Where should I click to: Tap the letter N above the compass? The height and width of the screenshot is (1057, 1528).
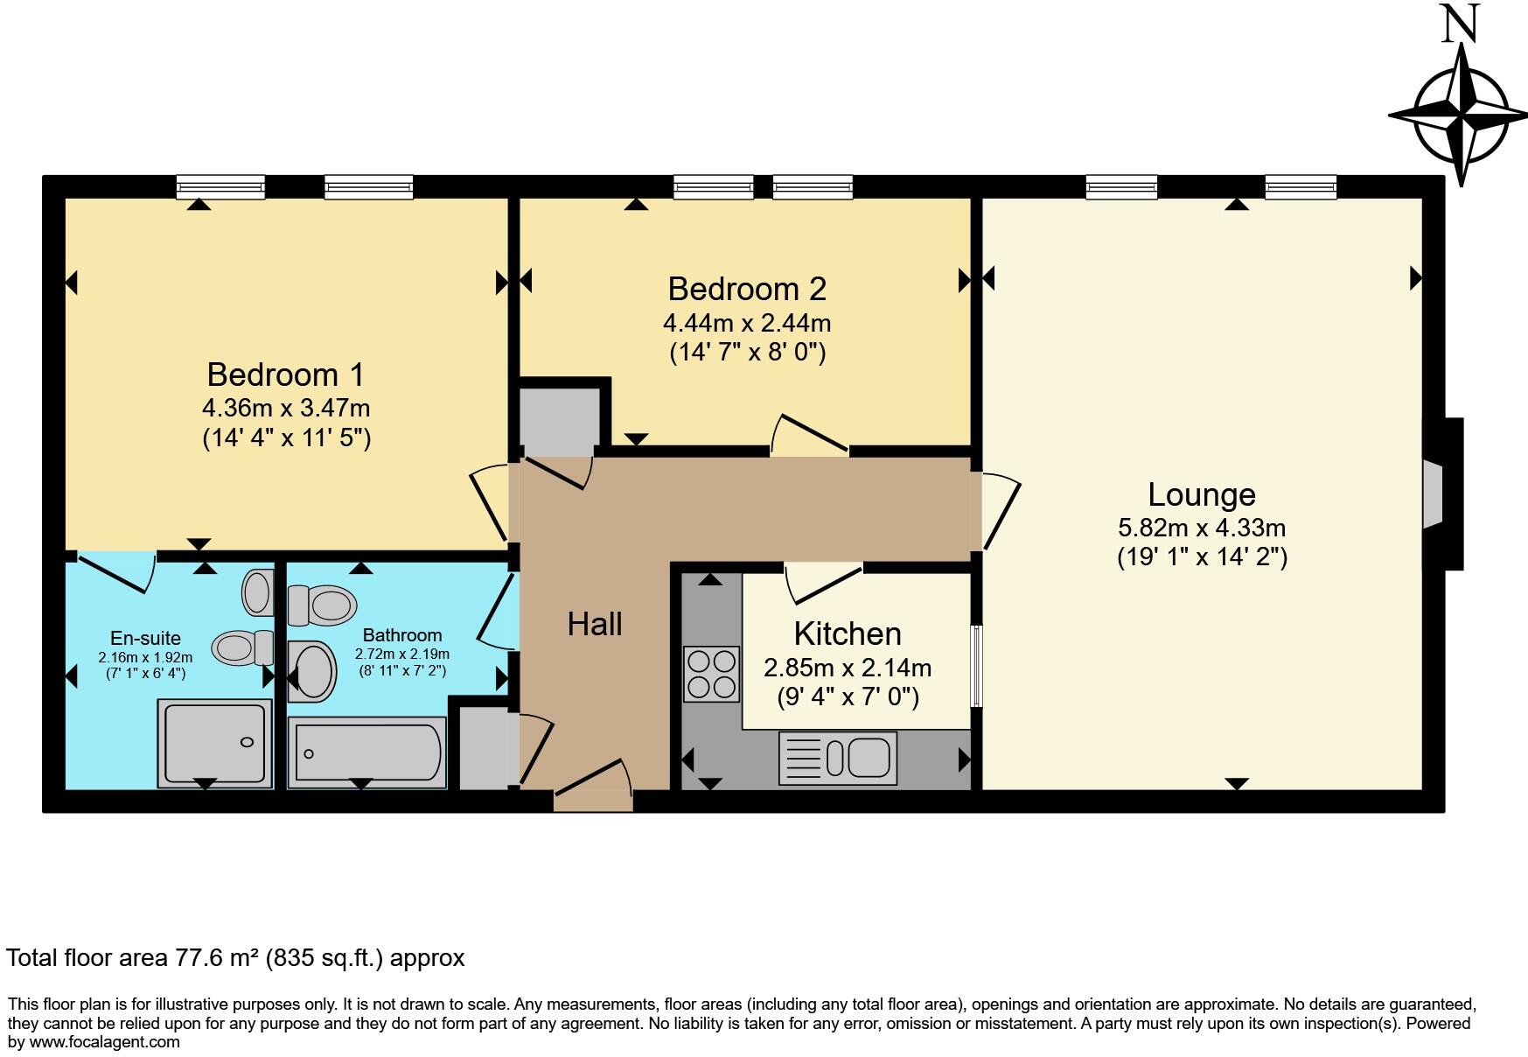pyautogui.click(x=1459, y=24)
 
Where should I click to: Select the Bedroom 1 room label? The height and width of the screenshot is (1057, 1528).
pyautogui.click(x=285, y=374)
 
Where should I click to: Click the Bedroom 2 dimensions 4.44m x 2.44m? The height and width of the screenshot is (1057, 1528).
pyautogui.click(x=746, y=323)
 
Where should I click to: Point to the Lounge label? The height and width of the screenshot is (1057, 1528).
pyautogui.click(x=1201, y=494)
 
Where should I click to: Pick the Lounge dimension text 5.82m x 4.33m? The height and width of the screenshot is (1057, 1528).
pyautogui.click(x=1201, y=528)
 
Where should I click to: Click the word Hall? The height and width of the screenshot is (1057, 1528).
pyautogui.click(x=595, y=624)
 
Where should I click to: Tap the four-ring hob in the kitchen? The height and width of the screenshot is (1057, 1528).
pyautogui.click(x=711, y=674)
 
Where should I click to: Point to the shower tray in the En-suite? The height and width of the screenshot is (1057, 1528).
pyautogui.click(x=214, y=743)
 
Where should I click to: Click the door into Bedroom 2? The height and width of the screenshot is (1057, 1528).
pyautogui.click(x=809, y=436)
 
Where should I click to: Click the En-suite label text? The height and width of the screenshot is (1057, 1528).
pyautogui.click(x=145, y=638)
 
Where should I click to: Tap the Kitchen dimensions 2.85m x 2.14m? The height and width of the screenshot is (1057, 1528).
pyautogui.click(x=847, y=668)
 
